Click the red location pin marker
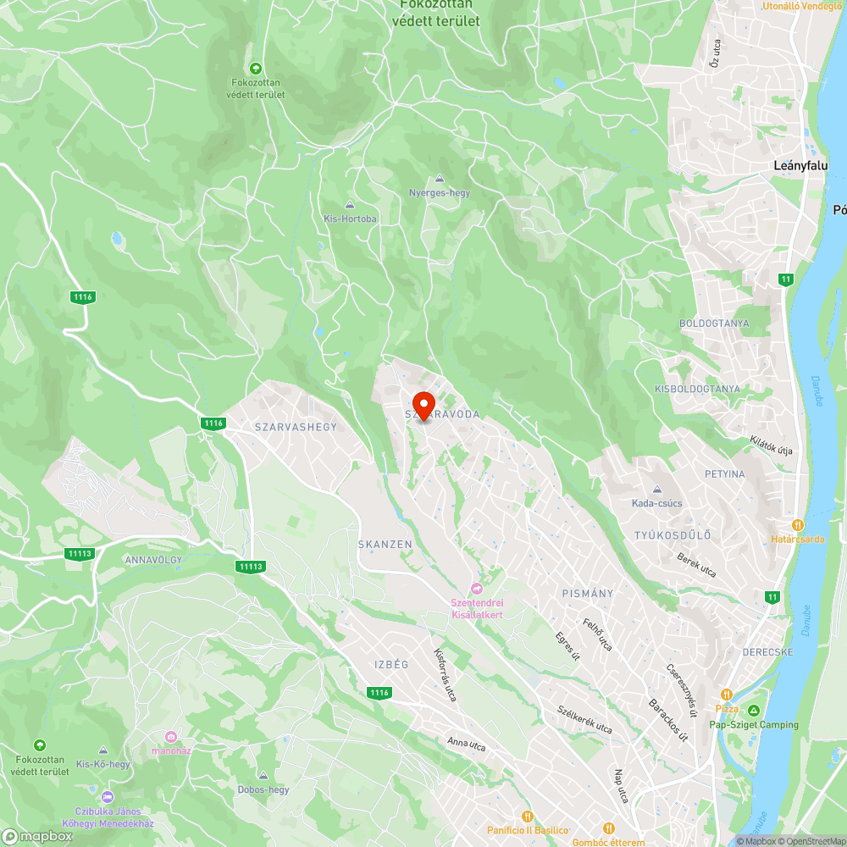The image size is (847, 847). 423,404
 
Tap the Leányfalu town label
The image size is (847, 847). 800,166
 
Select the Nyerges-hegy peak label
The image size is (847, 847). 439,193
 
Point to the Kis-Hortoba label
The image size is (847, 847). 350,219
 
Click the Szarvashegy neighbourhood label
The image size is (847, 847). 296,428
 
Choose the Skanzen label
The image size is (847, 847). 385,544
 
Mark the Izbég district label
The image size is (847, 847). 391,664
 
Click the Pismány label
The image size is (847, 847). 587,594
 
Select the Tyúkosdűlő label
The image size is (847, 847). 673,535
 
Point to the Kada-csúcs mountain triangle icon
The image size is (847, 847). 656,490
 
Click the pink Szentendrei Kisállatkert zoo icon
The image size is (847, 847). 476,589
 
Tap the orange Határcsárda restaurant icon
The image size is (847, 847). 797,525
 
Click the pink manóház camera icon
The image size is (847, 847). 171,737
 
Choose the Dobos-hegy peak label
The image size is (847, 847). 263,789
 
